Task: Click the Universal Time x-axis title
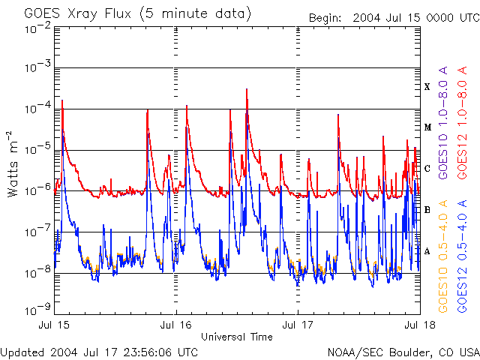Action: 237,337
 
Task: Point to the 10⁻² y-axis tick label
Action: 37,27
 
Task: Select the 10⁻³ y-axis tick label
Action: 37,68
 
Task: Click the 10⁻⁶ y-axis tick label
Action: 37,191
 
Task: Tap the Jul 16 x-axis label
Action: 176,326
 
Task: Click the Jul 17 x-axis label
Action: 298,326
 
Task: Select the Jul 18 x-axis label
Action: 418,326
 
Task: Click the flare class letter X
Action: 427,87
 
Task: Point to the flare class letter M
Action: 427,127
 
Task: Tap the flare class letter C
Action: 427,169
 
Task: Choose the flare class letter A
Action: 427,250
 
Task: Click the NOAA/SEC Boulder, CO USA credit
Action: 403,352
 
